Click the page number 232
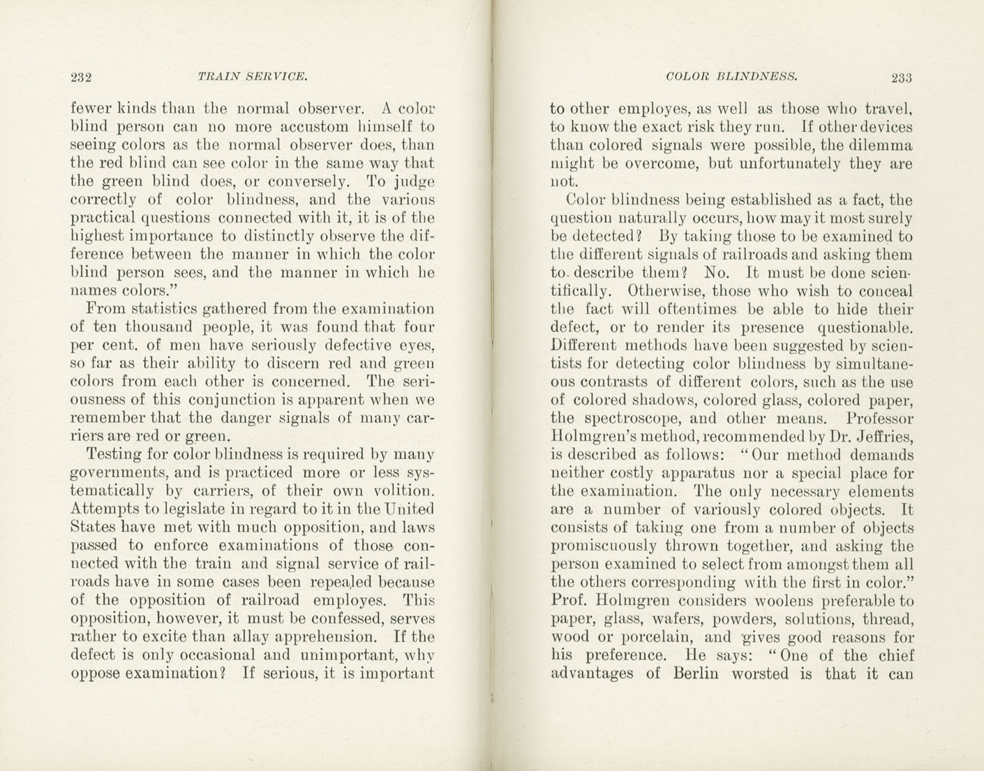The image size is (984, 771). tap(82, 77)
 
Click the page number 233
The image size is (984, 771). tap(901, 77)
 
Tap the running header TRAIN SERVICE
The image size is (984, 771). tap(253, 76)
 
